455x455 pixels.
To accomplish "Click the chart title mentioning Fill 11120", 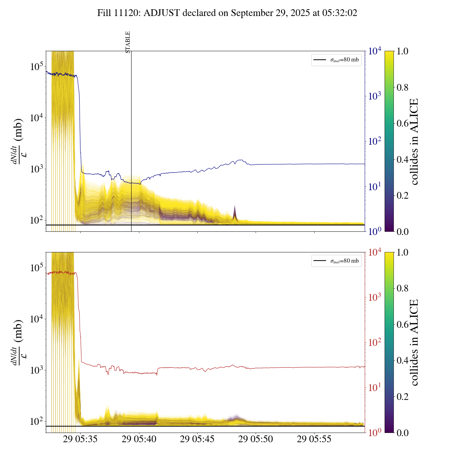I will pyautogui.click(x=227, y=13).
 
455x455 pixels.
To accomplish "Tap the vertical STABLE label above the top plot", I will pyautogui.click(x=128, y=42).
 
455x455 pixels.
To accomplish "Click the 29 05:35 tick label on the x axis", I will pyautogui.click(x=80, y=439).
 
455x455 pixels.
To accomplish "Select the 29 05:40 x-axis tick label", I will pyautogui.click(x=139, y=439).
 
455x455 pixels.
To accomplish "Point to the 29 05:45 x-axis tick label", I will pyautogui.click(x=197, y=439).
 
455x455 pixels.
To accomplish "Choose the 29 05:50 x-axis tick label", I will pyautogui.click(x=256, y=439).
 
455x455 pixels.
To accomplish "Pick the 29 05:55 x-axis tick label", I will pyautogui.click(x=314, y=439).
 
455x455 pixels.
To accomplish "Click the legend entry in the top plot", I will pyautogui.click(x=336, y=60).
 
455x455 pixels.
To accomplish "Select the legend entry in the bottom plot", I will pyautogui.click(x=336, y=261).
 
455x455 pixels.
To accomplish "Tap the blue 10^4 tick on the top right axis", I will pyautogui.click(x=375, y=51).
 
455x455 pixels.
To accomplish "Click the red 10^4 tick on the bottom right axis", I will pyautogui.click(x=375, y=252).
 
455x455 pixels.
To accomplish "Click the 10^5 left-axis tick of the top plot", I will pyautogui.click(x=37, y=66).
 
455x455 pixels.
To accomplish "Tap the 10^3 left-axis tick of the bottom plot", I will pyautogui.click(x=37, y=370).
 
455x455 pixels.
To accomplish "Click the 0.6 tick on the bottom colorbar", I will pyautogui.click(x=403, y=324).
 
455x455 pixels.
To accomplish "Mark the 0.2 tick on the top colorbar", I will pyautogui.click(x=403, y=195).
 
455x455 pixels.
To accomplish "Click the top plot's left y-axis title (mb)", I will pyautogui.click(x=17, y=141).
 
